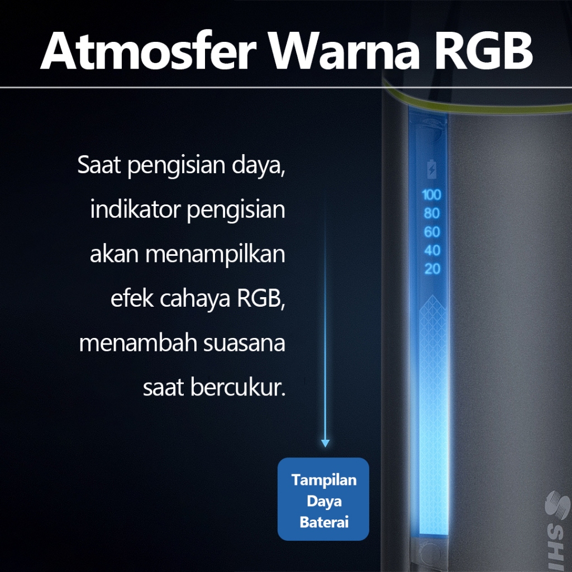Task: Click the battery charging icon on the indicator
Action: click(x=432, y=169)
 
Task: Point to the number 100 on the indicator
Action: click(x=432, y=195)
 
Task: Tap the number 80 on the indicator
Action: click(x=432, y=213)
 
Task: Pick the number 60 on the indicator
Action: click(x=432, y=232)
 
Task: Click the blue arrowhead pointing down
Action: click(x=326, y=443)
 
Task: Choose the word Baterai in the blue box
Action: click(x=324, y=522)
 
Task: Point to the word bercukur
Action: click(x=238, y=388)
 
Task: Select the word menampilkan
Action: click(x=215, y=255)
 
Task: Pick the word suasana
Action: click(x=244, y=344)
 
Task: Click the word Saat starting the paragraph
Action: click(x=99, y=165)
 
